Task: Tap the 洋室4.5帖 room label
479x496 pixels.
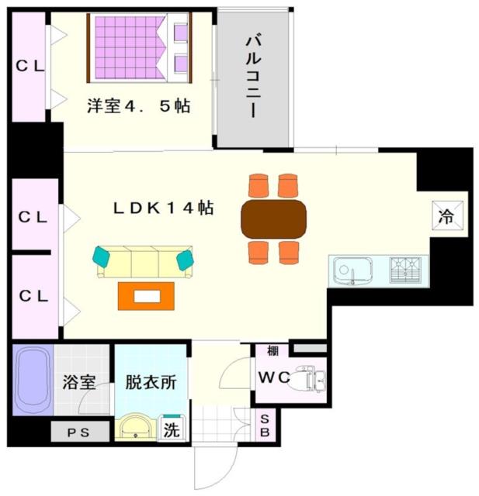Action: click(x=139, y=106)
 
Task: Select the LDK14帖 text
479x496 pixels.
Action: click(x=164, y=208)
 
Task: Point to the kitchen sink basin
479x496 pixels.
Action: click(x=352, y=270)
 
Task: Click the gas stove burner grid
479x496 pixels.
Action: click(x=406, y=270)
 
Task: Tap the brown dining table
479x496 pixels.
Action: click(x=274, y=219)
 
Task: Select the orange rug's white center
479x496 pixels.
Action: click(x=147, y=297)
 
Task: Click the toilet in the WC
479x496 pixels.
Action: click(x=310, y=378)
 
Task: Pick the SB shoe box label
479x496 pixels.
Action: click(x=265, y=425)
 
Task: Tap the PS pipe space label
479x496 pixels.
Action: click(x=78, y=432)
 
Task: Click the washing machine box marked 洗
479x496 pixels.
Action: click(x=172, y=429)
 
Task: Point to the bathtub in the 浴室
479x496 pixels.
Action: click(x=33, y=380)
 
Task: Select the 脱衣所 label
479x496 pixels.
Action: click(x=151, y=382)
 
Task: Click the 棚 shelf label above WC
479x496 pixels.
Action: click(x=272, y=350)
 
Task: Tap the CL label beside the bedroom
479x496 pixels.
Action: click(x=30, y=66)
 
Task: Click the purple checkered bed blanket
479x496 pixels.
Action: click(x=129, y=47)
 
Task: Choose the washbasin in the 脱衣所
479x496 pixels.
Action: click(x=136, y=427)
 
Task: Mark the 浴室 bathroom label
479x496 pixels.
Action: click(x=79, y=382)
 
